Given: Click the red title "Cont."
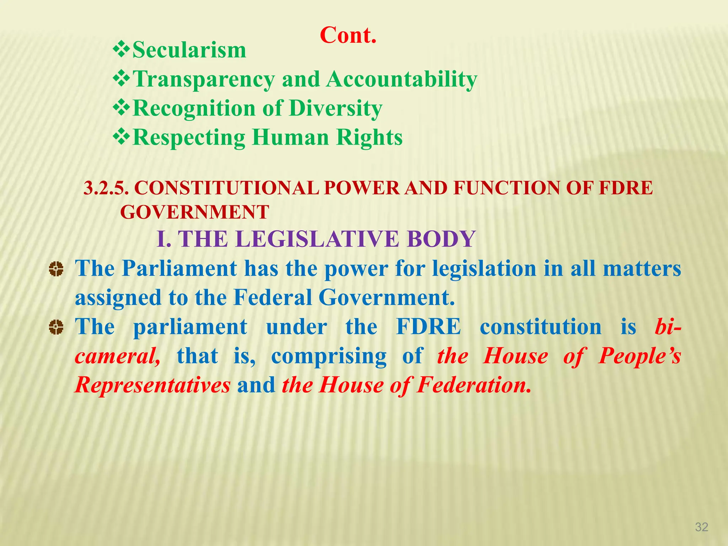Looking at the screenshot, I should [x=348, y=35].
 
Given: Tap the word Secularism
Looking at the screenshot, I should [x=189, y=50].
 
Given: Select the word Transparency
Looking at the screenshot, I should [x=204, y=79].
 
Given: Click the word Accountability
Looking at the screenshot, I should [x=402, y=79].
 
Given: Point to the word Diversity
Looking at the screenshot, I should [x=336, y=108].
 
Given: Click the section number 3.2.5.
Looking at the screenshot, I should [x=106, y=188].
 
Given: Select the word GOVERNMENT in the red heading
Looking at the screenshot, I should [x=194, y=212].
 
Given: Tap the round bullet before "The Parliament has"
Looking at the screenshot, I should [x=56, y=269].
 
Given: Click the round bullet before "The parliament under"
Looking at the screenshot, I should [x=56, y=327].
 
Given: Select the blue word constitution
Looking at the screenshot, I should [x=540, y=327].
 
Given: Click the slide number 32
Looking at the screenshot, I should [x=701, y=527].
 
